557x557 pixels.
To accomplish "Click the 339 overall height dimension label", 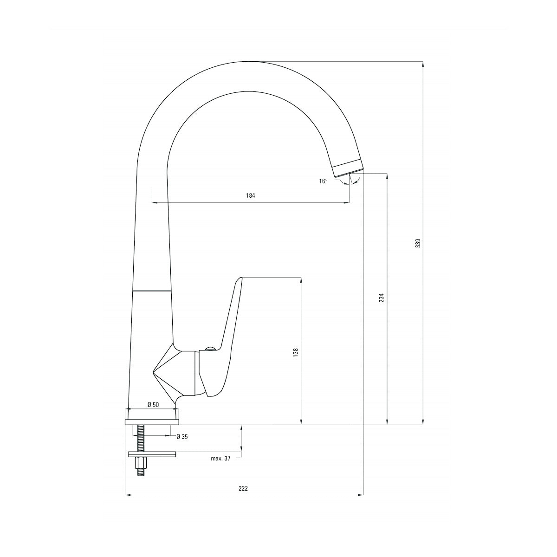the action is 418,243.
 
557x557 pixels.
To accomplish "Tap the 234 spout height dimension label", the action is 382,298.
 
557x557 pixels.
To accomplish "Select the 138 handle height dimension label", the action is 295,353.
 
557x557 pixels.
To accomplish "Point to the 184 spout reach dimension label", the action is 251,196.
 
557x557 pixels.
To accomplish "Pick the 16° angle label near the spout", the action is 324,181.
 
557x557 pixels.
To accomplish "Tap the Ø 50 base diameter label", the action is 153,405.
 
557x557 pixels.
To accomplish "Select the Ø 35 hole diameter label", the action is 182,437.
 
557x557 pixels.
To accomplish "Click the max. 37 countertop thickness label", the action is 220,459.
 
